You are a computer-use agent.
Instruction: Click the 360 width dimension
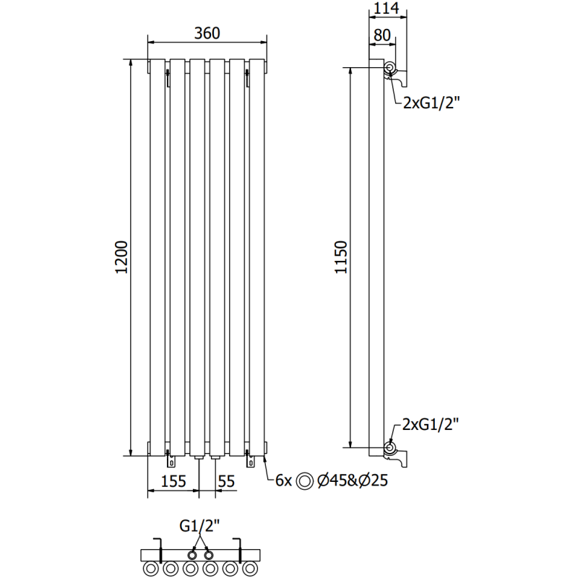207,33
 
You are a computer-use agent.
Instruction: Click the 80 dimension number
383,34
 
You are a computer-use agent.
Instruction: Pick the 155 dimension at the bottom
174,480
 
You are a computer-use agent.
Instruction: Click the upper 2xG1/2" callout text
431,103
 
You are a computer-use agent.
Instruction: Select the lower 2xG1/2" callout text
431,424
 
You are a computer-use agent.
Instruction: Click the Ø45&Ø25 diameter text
349,480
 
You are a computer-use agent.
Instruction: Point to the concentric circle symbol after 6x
307,480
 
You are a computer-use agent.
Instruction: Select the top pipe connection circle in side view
390,69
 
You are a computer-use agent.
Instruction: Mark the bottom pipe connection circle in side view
390,447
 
